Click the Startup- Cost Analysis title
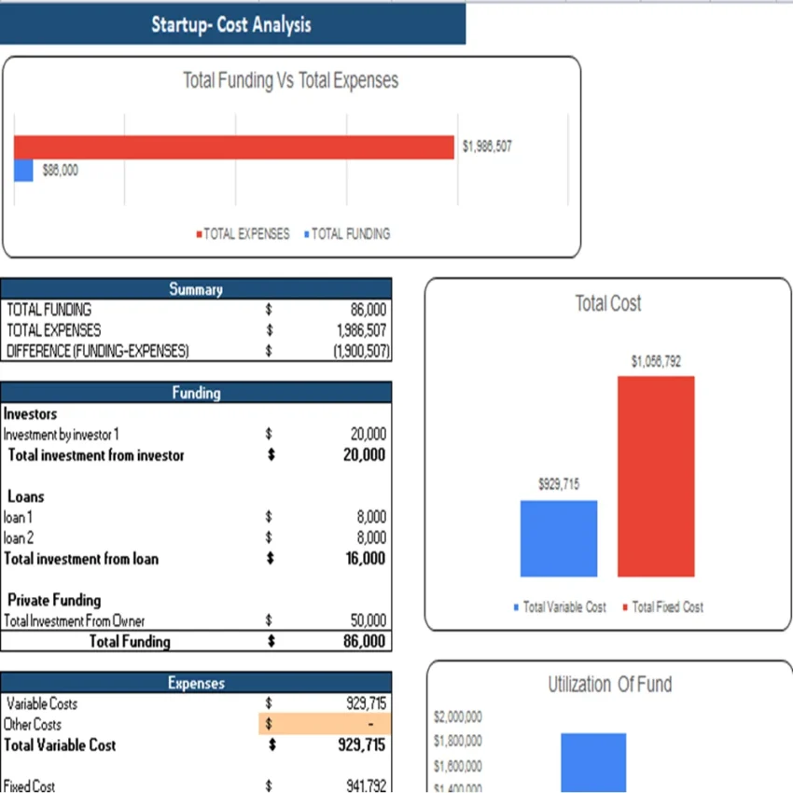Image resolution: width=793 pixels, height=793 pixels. (231, 24)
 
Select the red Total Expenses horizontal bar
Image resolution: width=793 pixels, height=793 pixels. (233, 146)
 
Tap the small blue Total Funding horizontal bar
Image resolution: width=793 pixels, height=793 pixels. (23, 171)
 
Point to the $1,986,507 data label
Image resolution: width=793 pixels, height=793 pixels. (487, 146)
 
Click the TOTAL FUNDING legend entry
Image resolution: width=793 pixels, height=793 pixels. (346, 234)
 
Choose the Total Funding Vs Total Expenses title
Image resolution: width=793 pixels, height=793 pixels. (290, 81)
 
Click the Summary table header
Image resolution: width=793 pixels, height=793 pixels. (196, 289)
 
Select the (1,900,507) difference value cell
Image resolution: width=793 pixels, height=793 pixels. (359, 351)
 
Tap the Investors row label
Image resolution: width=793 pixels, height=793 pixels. (31, 413)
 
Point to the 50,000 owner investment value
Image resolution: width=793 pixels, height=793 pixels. (366, 620)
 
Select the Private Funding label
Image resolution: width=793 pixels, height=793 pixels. (54, 600)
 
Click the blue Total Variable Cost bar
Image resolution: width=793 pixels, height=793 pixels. (559, 538)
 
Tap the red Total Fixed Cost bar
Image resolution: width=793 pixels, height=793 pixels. (656, 476)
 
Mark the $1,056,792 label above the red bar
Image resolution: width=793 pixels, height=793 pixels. (656, 361)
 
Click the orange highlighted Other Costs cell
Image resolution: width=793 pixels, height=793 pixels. (325, 724)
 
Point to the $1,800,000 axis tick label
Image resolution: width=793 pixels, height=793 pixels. (458, 742)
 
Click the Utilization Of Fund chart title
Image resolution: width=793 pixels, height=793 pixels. (609, 685)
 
